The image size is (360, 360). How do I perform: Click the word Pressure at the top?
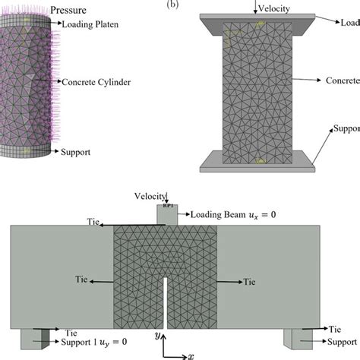67,11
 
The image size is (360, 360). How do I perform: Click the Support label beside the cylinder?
74,152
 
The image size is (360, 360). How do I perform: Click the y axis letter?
156,335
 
